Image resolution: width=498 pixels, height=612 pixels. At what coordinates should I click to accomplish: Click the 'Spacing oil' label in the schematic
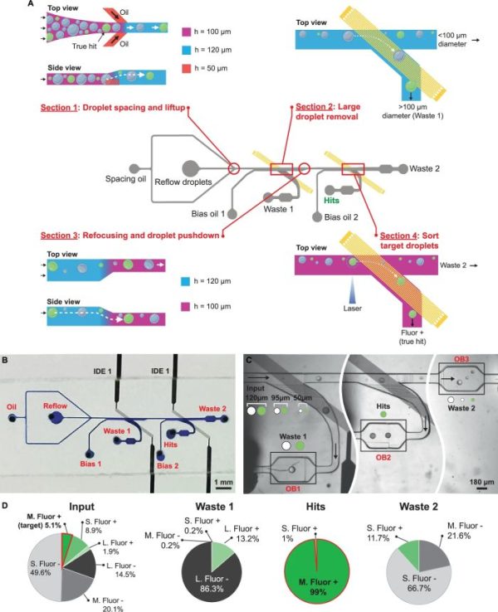pos(125,178)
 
